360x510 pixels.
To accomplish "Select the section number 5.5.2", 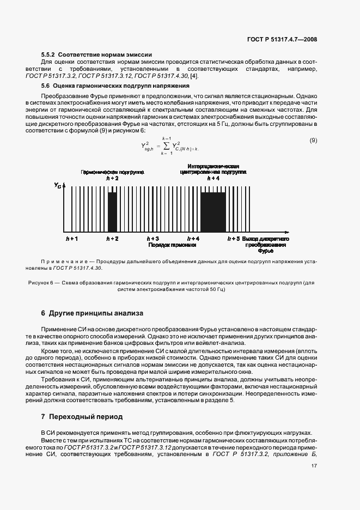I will [48, 54].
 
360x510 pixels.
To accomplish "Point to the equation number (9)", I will [313, 141].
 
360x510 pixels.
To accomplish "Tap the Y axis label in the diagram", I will [58, 186].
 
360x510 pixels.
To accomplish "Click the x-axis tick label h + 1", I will [71, 239].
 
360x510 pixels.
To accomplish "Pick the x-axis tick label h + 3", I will [153, 239].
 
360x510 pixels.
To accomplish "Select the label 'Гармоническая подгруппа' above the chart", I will [112, 171].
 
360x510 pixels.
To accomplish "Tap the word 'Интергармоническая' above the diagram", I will [213, 166].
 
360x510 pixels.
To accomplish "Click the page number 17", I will [314, 465].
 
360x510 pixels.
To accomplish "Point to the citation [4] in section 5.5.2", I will [194, 75].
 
